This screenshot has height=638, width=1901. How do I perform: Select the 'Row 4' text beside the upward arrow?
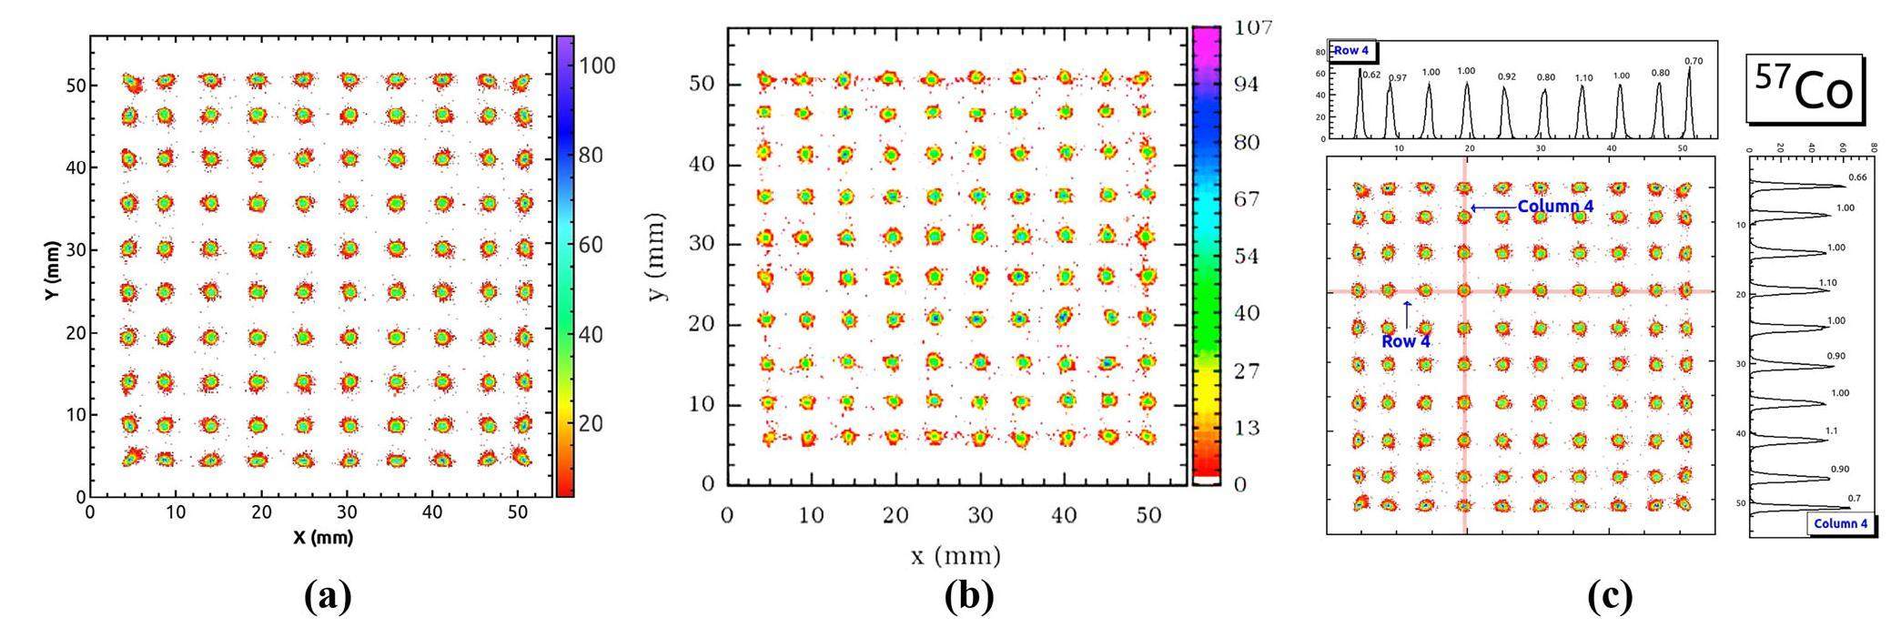(1405, 342)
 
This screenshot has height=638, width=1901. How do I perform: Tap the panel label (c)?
(1608, 596)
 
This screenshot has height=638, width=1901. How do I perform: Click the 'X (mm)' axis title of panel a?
(323, 537)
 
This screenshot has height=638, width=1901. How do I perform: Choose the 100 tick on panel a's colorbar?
(597, 66)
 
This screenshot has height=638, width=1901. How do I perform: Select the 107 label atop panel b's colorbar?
(1252, 27)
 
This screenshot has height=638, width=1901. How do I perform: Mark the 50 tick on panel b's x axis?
(1148, 515)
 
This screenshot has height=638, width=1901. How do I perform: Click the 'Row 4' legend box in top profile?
(1351, 51)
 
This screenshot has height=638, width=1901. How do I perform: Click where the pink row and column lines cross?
(1464, 291)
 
